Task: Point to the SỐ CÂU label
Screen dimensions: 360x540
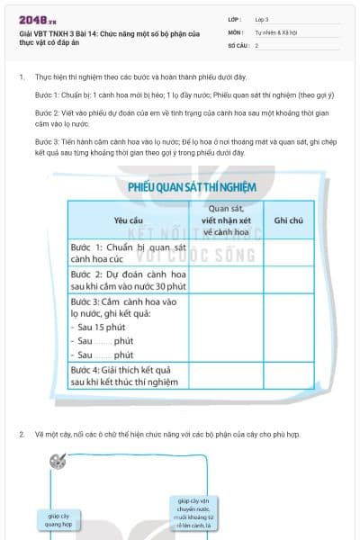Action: pyautogui.click(x=238, y=44)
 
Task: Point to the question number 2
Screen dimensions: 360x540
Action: pyautogui.click(x=22, y=435)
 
